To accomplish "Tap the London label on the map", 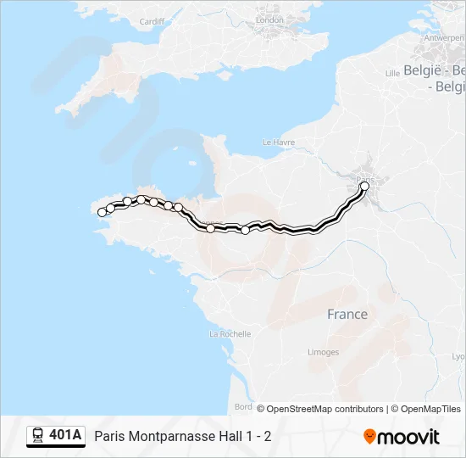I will click(x=269, y=20).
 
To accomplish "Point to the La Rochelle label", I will click(x=230, y=334).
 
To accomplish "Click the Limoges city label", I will click(x=324, y=352).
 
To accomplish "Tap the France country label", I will click(x=347, y=315).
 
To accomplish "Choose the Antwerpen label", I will click(x=444, y=38).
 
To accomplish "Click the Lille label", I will click(x=392, y=73).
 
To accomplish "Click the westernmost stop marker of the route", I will click(x=102, y=213).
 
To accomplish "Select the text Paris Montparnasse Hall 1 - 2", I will click(x=183, y=437).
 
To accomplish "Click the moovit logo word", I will click(x=408, y=437).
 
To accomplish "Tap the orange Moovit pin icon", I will click(x=369, y=437).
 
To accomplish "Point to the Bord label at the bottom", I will click(x=243, y=407).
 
